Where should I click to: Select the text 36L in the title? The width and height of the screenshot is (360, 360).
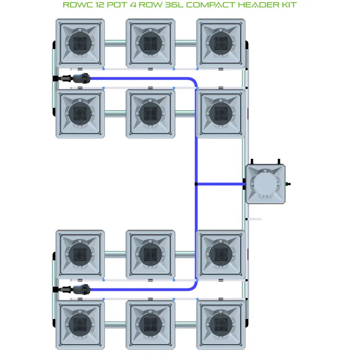pyautogui.click(x=167, y=5)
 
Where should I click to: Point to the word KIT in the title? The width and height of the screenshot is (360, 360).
pyautogui.click(x=288, y=5)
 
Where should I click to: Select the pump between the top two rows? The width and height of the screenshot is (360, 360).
pyautogui.click(x=81, y=78)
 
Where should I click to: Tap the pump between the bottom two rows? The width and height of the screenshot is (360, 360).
pyautogui.click(x=81, y=289)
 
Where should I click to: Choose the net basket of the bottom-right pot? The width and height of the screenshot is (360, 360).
pyautogui.click(x=220, y=325)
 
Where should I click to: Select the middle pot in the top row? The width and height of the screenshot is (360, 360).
pyautogui.click(x=150, y=44)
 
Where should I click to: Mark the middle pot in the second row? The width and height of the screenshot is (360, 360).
pyautogui.click(x=150, y=114)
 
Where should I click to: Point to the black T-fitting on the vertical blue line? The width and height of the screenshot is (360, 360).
pyautogui.click(x=196, y=184)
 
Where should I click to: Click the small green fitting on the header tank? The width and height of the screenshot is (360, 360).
pyautogui.click(x=288, y=184)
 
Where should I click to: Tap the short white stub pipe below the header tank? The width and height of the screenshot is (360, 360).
pyautogui.click(x=254, y=219)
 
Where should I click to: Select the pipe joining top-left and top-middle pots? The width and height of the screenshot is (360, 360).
pyautogui.click(x=115, y=43)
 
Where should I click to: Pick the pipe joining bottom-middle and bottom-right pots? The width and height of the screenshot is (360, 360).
pyautogui.click(x=185, y=325)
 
